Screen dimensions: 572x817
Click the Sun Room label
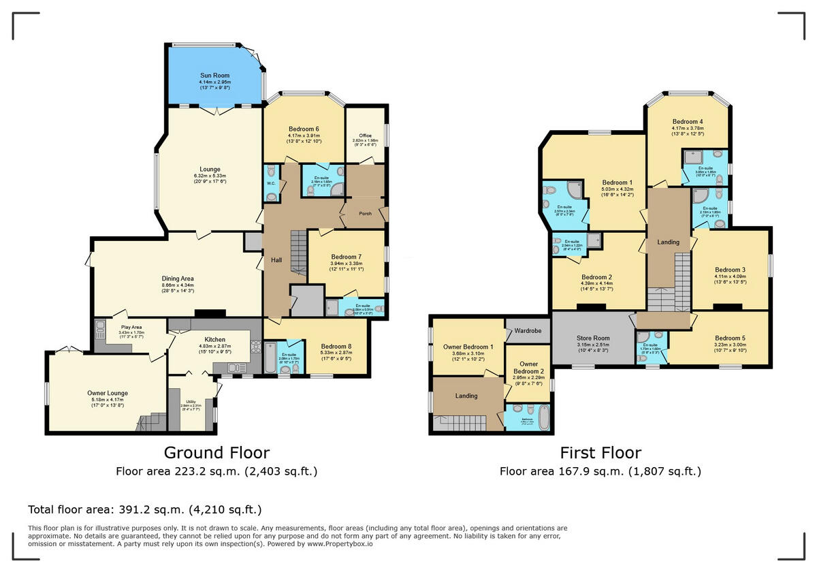214,76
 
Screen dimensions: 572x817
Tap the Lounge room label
210,170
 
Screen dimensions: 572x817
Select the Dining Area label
178,279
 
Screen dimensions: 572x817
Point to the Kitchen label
215,340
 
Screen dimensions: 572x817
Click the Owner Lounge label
108,393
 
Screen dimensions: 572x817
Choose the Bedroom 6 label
304,129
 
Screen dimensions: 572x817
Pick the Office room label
366,135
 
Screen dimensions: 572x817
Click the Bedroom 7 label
347,257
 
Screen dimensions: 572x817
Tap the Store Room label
593,338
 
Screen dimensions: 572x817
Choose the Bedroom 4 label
688,122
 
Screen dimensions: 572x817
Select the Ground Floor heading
217,453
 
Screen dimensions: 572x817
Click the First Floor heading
600,453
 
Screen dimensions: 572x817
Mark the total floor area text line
144,509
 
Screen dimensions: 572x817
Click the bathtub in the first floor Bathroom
543,415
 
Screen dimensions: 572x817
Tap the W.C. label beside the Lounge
270,182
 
